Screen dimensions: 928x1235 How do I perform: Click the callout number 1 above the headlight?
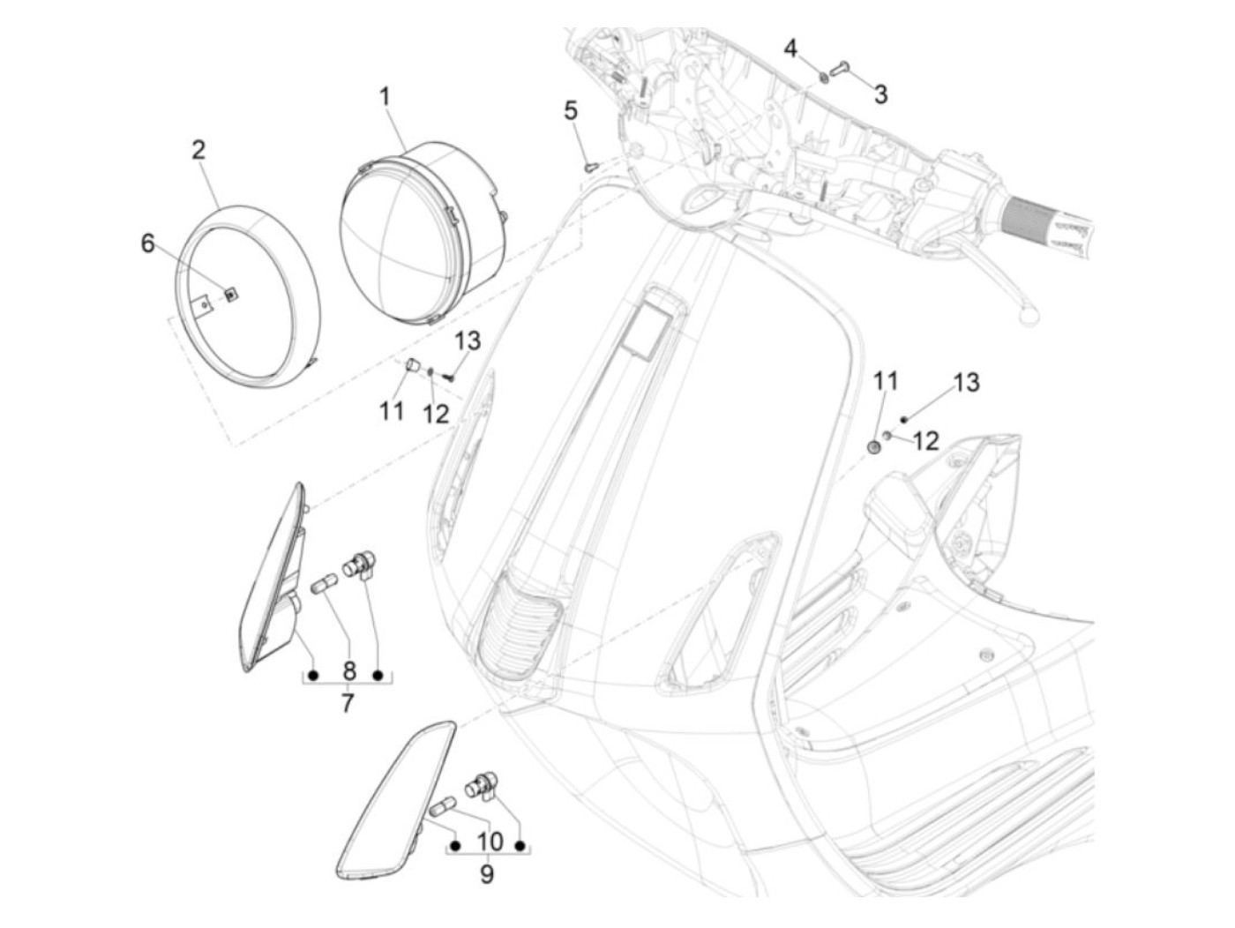coord(385,96)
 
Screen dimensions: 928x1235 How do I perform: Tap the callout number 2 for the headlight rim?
coord(198,149)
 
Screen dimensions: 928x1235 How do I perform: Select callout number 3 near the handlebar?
coord(880,94)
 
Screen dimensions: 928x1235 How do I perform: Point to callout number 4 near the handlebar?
coord(790,48)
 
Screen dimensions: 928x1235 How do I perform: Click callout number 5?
coord(571,111)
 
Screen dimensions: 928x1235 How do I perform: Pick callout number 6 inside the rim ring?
coord(147,243)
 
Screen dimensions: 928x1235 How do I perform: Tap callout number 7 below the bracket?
coord(347,703)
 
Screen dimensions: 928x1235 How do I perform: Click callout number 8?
coord(348,671)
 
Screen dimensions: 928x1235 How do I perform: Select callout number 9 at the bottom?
coord(487,873)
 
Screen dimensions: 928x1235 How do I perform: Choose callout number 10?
coord(490,841)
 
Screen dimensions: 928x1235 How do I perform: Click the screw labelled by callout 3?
coord(840,68)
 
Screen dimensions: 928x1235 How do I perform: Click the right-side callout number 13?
coord(966,383)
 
